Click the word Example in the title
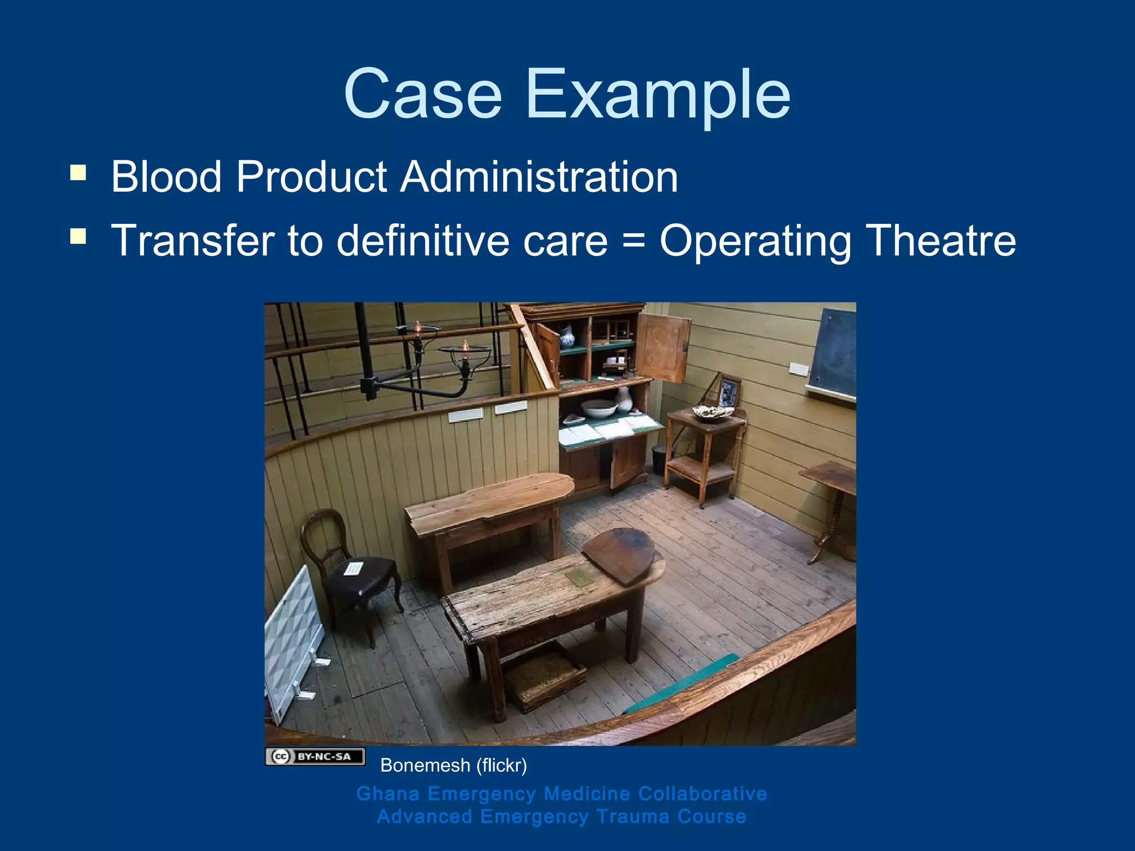point(657,94)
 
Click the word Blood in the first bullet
point(166,177)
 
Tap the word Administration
point(539,177)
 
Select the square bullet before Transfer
point(78,237)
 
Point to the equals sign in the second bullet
point(633,242)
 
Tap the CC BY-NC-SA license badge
point(315,756)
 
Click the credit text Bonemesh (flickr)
point(453,766)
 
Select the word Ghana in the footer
point(388,793)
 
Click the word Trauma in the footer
point(632,817)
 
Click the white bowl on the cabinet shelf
point(599,409)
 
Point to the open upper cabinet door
point(663,348)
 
